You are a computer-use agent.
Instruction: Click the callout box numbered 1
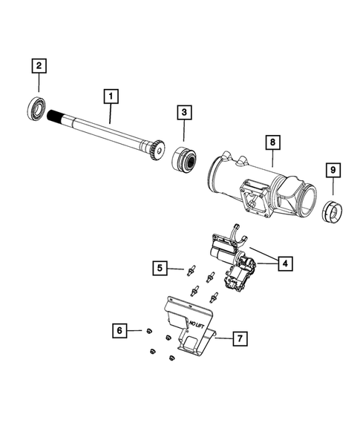click(x=110, y=96)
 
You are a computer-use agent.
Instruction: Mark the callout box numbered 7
click(x=239, y=339)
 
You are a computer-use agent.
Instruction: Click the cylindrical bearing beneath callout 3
click(x=183, y=160)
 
